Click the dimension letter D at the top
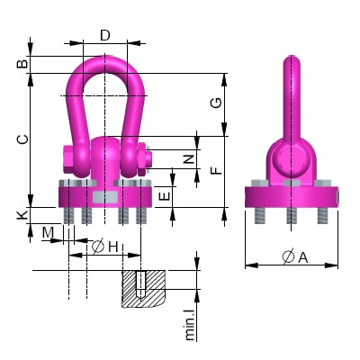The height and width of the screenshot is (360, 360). point(105,36)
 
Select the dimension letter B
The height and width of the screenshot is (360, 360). point(22,63)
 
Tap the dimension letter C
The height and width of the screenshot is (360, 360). point(22,139)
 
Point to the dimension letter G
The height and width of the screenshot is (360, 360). point(217,103)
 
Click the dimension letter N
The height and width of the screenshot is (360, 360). point(187,159)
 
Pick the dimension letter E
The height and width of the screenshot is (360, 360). point(163,194)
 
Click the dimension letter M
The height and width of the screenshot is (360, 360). point(48,234)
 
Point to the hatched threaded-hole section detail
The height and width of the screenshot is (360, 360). point(144,288)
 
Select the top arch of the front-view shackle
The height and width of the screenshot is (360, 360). point(104,61)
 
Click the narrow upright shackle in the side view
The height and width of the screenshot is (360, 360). point(290,99)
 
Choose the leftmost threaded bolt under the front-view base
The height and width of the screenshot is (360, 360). point(68,216)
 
